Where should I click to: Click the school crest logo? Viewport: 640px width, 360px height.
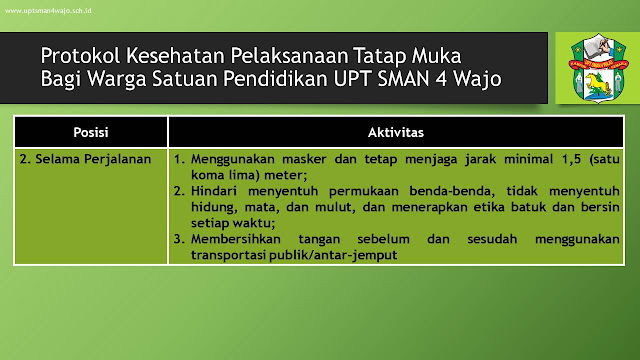pos(599,68)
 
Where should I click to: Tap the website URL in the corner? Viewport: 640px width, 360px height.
pos(48,11)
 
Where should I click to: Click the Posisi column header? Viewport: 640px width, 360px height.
pos(91,132)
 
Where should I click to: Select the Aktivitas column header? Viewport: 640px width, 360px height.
pos(396,132)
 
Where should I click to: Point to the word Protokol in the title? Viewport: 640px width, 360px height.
pos(81,56)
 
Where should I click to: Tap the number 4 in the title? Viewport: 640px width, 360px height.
pos(441,78)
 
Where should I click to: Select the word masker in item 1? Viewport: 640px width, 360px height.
pos(304,159)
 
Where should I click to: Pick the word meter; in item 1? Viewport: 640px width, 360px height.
pos(286,175)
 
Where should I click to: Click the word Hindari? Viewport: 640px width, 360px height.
pos(214,191)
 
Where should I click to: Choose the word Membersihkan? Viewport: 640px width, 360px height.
pos(236,239)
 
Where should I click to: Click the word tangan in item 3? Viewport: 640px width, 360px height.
pos(319,240)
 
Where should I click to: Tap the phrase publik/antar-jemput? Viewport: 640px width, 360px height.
pos(333,256)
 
